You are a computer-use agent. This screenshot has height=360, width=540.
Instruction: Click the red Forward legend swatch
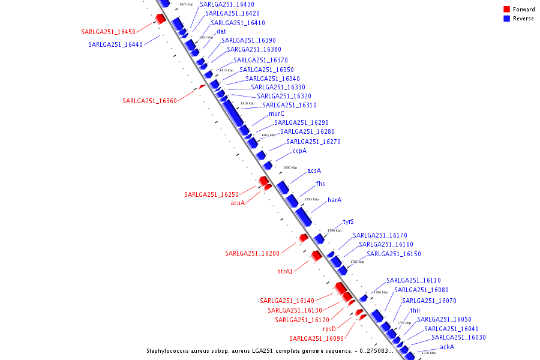point(506,9)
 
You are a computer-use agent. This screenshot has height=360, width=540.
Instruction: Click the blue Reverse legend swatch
point(506,19)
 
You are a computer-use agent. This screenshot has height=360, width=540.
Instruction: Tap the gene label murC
point(276,113)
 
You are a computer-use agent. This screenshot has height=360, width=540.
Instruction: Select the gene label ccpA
point(299,151)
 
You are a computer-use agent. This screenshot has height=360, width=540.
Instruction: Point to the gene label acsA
point(314,170)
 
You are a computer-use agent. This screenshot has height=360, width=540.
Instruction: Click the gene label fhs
point(320,184)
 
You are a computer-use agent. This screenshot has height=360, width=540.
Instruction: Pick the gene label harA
point(334,200)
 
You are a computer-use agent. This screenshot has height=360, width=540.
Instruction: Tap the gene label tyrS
point(348,221)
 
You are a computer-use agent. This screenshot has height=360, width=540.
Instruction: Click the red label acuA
point(238,203)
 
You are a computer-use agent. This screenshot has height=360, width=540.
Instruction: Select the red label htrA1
point(284,271)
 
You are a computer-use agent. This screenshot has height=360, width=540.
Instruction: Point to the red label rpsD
point(329,329)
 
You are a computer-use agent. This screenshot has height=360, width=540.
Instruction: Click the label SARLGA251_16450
point(108,32)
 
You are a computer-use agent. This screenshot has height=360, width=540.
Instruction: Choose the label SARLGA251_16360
point(149,101)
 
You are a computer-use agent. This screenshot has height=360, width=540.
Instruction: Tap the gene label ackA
point(446,347)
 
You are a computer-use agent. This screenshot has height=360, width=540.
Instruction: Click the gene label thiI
point(415,310)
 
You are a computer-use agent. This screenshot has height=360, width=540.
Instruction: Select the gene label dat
point(221,31)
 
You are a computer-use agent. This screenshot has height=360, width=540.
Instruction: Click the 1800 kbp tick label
point(290,167)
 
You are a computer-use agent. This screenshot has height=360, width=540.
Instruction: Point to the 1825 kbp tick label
point(186,4)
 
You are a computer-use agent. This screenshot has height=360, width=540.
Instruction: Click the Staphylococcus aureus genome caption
point(270,351)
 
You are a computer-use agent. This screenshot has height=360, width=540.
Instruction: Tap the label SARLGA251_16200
point(252,253)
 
